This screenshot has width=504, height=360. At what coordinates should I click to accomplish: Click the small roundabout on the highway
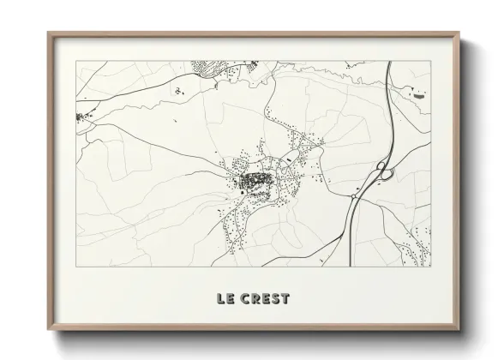[353, 196]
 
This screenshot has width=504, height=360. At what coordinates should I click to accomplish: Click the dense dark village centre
[254, 181]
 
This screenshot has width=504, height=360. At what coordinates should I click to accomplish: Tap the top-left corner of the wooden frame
[49, 34]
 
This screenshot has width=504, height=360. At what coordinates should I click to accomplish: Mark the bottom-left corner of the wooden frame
[49, 331]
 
